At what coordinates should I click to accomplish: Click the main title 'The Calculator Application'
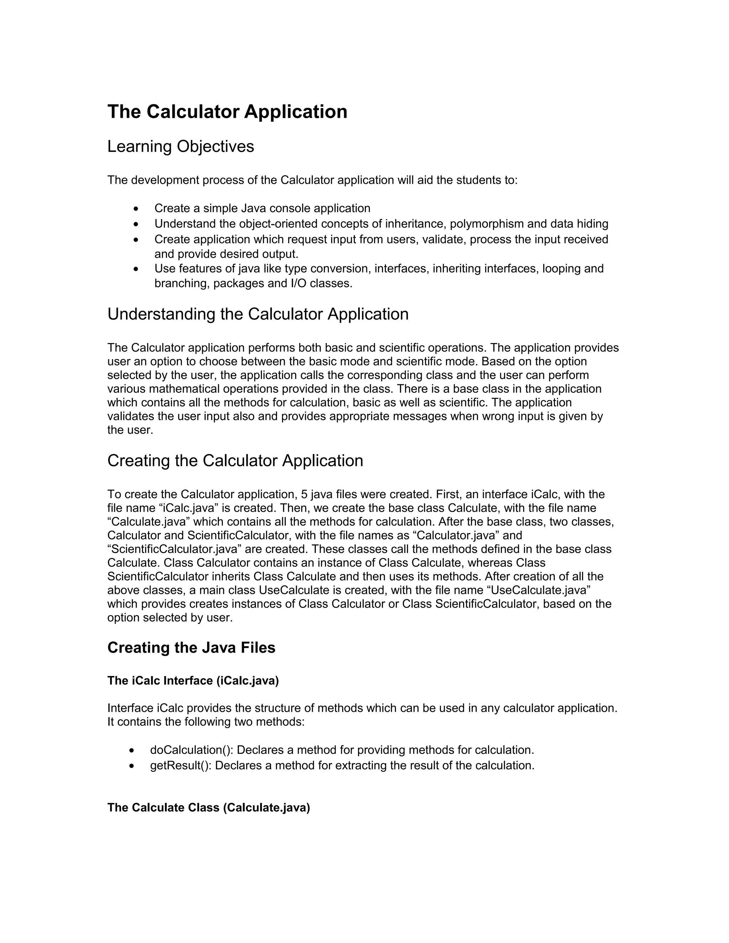[x=227, y=112]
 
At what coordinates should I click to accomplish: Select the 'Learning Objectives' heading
[x=180, y=147]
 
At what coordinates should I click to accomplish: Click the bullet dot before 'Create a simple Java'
[x=136, y=209]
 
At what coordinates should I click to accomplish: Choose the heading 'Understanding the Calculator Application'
[x=258, y=314]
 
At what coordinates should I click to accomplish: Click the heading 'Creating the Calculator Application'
[x=235, y=461]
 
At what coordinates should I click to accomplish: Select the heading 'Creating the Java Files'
[x=191, y=648]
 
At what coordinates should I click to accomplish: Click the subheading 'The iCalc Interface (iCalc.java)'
[x=193, y=681]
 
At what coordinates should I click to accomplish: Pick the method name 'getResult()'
[x=180, y=765]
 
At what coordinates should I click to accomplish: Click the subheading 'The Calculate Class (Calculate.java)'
[x=209, y=807]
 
